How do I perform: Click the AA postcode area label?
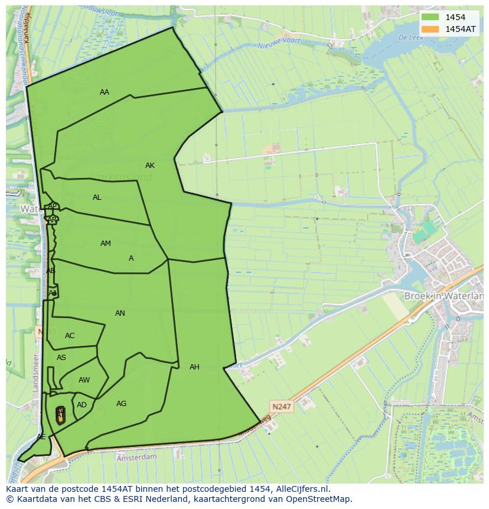tap(105, 92)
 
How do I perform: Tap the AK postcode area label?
tap(150, 166)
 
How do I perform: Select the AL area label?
tap(97, 197)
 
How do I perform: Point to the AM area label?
tap(106, 244)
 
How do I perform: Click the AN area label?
tap(120, 313)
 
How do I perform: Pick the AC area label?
tap(70, 336)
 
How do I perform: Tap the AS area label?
tap(61, 358)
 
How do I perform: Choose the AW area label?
tap(84, 380)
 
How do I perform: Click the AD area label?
tap(81, 405)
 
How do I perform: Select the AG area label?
tap(121, 404)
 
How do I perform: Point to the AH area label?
tap(194, 367)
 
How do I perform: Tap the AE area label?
tap(41, 437)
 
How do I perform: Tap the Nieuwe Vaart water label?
tap(281, 46)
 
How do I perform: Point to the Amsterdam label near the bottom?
tap(136, 457)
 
